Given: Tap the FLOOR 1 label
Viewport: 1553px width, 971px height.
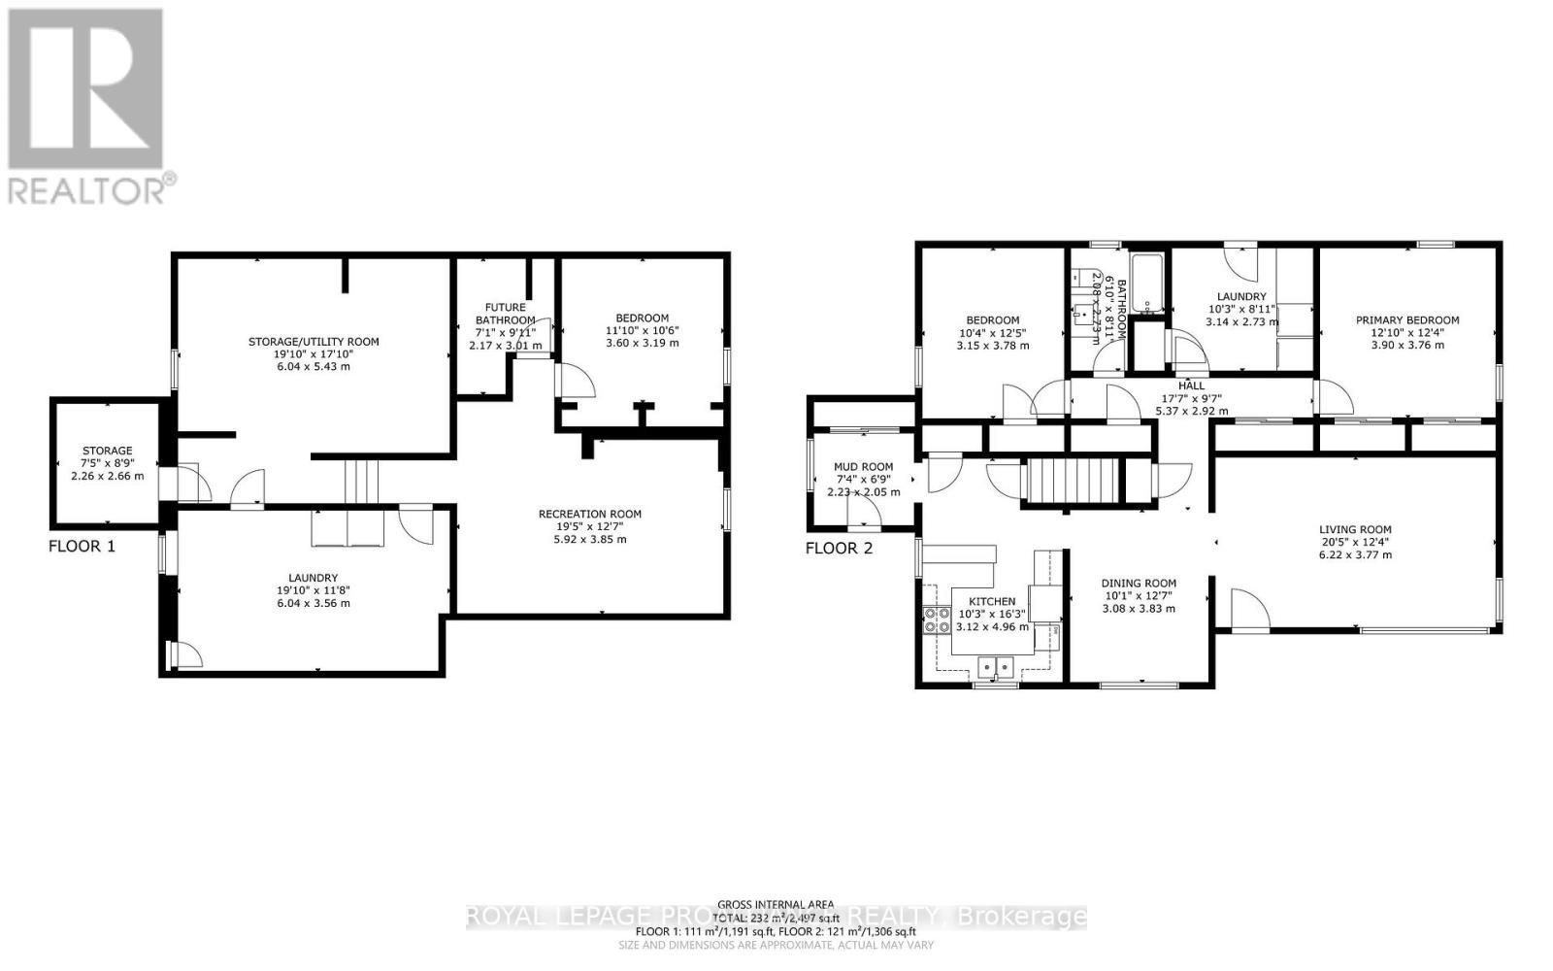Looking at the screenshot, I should click(x=82, y=546).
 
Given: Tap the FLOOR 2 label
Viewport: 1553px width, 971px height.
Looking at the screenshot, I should click(x=839, y=548).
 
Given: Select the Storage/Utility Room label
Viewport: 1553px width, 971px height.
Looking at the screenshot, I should click(x=314, y=342).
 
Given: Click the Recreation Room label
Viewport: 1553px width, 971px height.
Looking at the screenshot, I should click(x=589, y=515).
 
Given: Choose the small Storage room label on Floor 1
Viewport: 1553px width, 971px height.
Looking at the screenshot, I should click(x=107, y=451).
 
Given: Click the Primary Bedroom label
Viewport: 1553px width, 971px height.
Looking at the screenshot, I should click(x=1407, y=320).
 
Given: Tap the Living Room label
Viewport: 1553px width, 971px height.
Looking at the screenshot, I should click(x=1355, y=529).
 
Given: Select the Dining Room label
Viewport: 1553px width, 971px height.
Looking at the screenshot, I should click(x=1139, y=584).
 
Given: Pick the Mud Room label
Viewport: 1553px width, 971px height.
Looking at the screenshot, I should click(x=863, y=467).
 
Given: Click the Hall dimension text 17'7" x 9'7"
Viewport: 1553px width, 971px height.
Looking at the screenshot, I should click(x=1191, y=398).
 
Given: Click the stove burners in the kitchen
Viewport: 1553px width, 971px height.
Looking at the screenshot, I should click(x=937, y=619).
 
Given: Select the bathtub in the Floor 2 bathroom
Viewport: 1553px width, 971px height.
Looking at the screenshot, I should click(x=1148, y=282).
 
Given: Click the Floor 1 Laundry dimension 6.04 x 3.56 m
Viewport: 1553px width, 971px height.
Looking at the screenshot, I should click(x=313, y=603).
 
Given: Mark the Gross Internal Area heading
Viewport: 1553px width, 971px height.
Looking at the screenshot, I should click(x=776, y=904).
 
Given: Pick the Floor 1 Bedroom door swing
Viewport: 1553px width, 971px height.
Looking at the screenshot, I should click(x=575, y=381).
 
